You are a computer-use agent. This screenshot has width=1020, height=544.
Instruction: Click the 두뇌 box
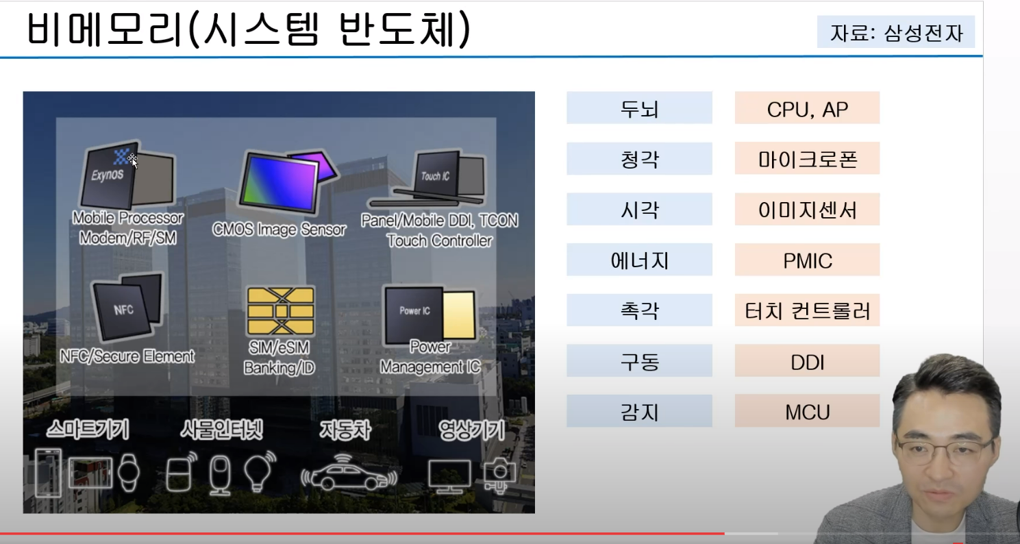[x=638, y=108]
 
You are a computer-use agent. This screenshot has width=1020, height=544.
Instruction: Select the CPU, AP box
[x=807, y=108]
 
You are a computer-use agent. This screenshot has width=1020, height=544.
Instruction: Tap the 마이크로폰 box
[x=807, y=159]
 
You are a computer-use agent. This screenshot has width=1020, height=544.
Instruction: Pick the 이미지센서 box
[x=807, y=210]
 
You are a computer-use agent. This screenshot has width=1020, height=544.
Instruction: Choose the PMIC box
[x=807, y=260]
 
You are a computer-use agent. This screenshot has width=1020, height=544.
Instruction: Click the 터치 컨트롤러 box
[x=807, y=310]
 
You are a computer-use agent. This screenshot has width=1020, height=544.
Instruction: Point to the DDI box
[x=807, y=361]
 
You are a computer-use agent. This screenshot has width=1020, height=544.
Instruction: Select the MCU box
[x=807, y=411]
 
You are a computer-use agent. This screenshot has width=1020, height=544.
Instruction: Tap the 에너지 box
[x=638, y=260]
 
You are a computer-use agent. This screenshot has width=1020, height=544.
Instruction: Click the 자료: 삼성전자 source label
[x=895, y=33]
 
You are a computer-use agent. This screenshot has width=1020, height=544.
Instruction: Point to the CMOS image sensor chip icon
[x=277, y=182]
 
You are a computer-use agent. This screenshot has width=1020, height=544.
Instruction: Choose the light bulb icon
[x=260, y=470]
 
